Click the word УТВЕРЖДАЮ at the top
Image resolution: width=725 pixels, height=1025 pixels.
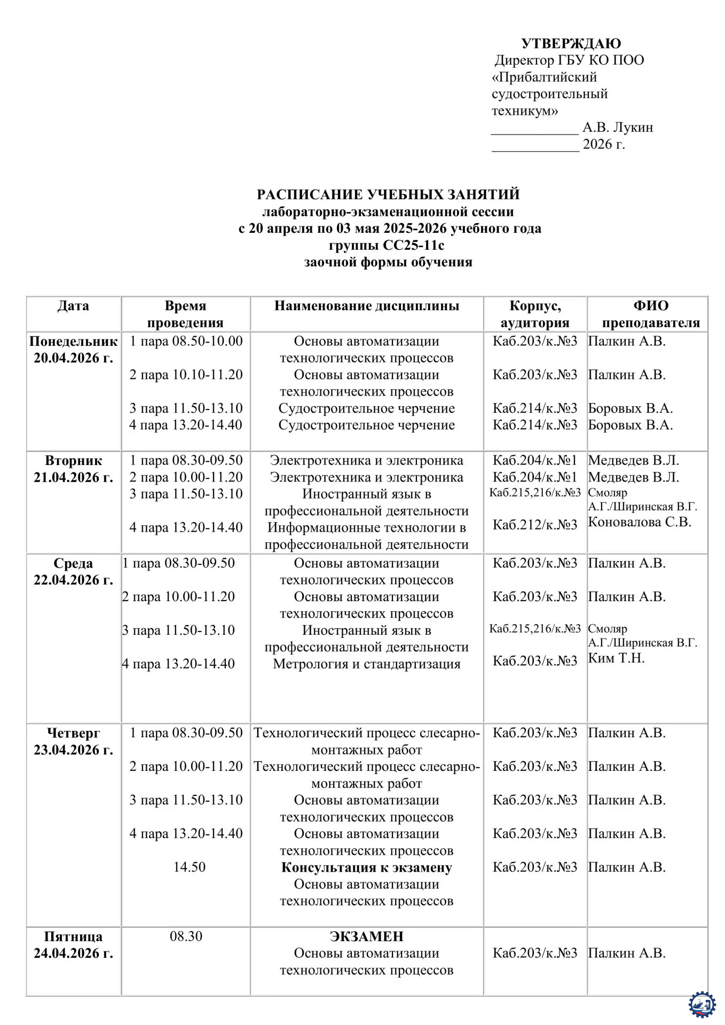point(571,43)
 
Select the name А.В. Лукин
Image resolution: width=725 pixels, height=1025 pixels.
point(618,128)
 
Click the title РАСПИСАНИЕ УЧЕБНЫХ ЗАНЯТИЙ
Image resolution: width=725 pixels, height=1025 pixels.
point(388,194)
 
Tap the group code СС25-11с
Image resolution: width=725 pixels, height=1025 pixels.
point(413,245)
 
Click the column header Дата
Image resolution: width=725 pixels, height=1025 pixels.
point(73,306)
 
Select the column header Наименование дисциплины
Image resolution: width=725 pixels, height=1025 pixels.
point(367,306)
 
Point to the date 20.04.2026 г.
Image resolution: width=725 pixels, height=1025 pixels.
point(73,358)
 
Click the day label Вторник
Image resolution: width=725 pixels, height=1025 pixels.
point(73,461)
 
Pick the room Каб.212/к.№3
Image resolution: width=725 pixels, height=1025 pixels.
point(535,525)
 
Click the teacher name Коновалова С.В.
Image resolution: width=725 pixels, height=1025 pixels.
point(640,522)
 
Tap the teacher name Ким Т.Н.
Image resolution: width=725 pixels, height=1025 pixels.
point(616,658)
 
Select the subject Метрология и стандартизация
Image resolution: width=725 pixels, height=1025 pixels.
point(367,664)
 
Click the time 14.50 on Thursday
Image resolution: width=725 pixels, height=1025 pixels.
point(189,867)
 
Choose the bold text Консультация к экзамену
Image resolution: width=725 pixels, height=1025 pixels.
point(367,868)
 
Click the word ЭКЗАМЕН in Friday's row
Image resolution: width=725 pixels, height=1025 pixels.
point(367,936)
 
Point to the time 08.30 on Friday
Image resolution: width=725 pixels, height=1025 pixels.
point(186,936)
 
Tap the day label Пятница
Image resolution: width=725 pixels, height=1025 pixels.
point(73,937)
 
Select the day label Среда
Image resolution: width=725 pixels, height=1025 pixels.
point(73,564)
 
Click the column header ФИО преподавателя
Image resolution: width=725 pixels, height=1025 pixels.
point(651,314)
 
